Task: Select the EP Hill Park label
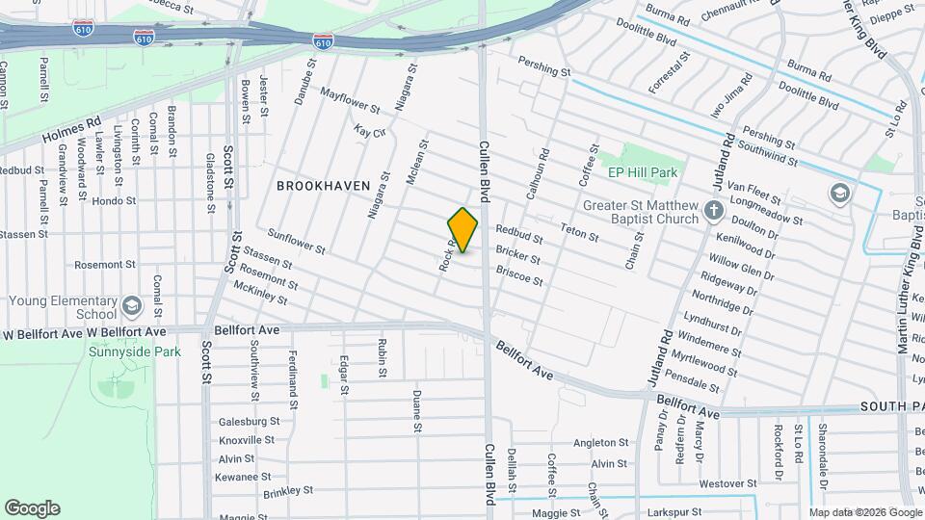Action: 643,172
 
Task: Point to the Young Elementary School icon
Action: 131,306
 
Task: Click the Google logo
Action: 32,508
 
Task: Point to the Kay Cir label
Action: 369,130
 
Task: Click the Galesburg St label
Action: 249,421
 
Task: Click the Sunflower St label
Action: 296,241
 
